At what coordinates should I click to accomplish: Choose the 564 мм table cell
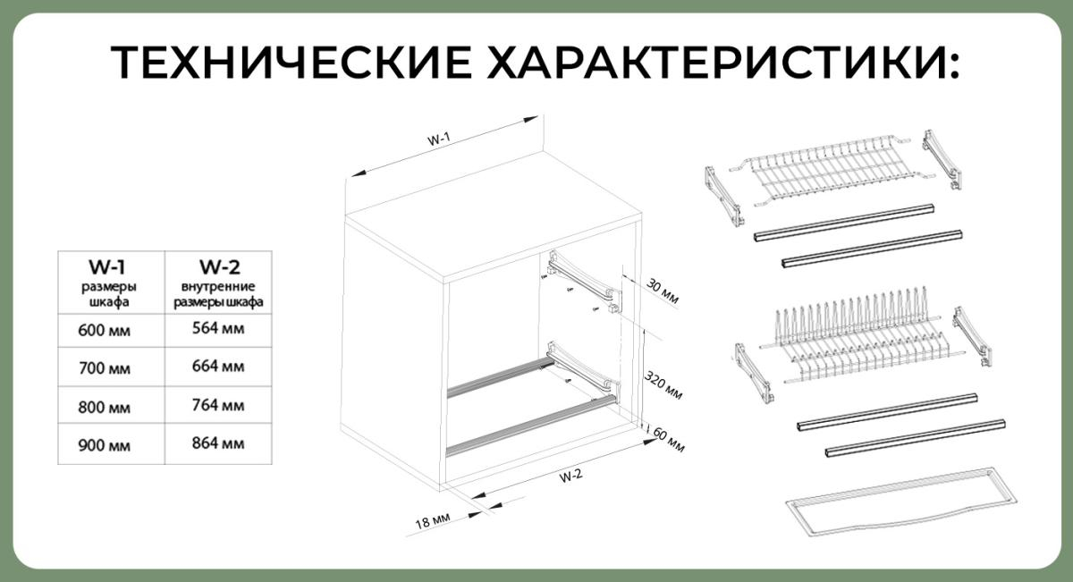pos(218,328)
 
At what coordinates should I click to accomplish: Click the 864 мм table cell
pos(218,443)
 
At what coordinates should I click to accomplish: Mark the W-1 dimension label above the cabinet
pos(437,139)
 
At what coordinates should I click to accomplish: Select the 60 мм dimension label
pos(669,441)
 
